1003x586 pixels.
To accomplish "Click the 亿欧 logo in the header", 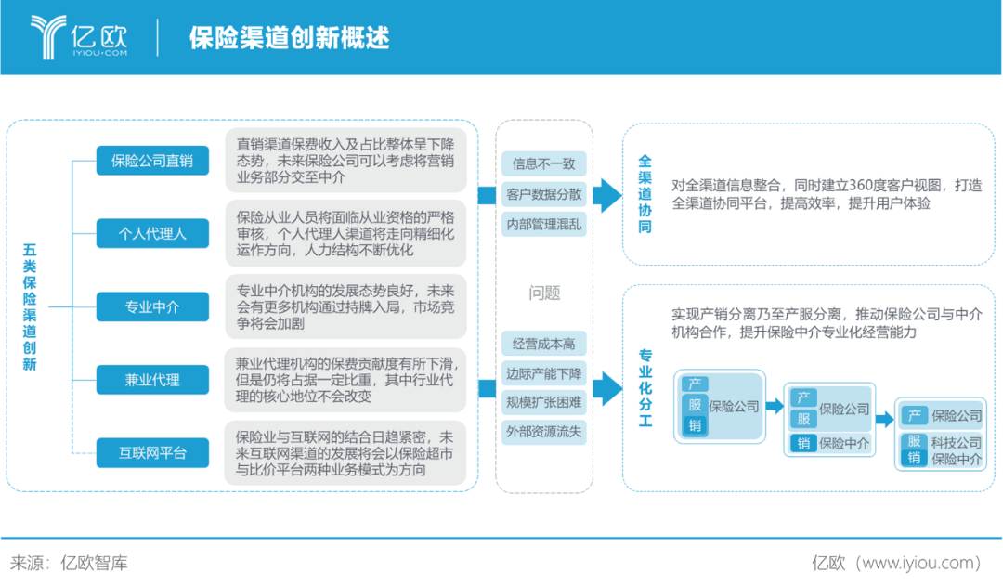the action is point(79,37).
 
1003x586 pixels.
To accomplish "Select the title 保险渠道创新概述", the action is point(289,38).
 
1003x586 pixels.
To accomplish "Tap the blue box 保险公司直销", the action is point(152,161).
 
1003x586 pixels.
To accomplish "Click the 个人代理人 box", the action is point(152,233).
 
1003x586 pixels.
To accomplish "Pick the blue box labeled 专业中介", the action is point(152,307).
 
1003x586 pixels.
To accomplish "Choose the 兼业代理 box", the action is point(152,380).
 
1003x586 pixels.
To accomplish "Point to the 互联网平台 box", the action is point(152,453).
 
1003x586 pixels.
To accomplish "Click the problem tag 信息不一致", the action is point(543,163).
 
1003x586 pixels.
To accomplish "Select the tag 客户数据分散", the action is point(543,194).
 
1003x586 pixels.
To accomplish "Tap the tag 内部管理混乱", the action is point(543,224).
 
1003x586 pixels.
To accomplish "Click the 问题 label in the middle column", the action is point(544,293).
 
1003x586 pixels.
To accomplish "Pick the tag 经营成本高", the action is point(543,345).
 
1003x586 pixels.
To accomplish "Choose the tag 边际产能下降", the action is point(543,373).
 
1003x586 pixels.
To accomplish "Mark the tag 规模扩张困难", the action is point(543,402).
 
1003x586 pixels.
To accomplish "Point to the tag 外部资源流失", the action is point(543,432).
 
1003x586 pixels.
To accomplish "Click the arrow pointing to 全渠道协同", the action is point(607,195).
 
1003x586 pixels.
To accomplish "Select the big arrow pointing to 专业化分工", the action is point(607,389).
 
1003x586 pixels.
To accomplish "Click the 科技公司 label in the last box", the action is point(956,443).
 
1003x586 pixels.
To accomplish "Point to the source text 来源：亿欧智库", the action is point(69,563).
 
